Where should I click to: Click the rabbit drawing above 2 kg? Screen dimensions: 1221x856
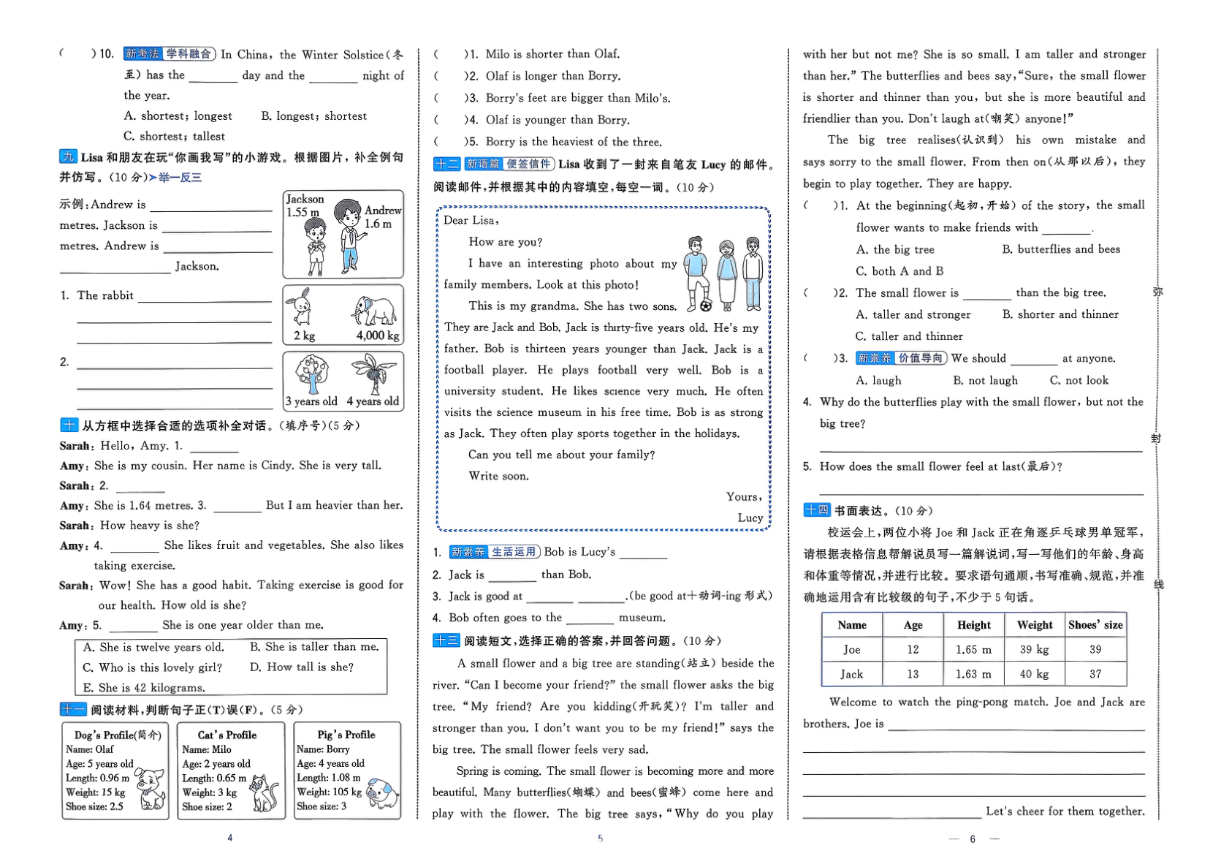[302, 307]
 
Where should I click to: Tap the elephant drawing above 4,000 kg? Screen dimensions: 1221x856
[374, 312]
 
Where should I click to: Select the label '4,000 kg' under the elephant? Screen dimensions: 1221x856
[378, 336]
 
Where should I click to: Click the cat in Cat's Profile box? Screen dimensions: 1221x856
[264, 792]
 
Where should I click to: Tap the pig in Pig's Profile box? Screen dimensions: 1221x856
[383, 792]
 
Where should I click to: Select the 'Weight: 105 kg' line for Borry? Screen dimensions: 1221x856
[329, 792]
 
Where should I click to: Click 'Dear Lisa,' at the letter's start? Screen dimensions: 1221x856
[471, 220]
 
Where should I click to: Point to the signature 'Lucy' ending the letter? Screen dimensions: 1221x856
[750, 518]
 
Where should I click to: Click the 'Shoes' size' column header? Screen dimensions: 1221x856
[1095, 625]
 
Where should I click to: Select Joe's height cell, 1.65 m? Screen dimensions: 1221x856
[973, 649]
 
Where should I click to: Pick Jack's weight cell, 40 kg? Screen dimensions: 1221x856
[1034, 674]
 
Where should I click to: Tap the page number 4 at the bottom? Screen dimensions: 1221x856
[230, 838]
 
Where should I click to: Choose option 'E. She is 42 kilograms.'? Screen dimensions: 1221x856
[144, 688]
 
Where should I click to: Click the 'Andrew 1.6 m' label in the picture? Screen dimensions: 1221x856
[382, 217]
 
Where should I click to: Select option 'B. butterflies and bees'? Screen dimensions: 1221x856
[1061, 249]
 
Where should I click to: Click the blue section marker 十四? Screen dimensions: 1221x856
[816, 510]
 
